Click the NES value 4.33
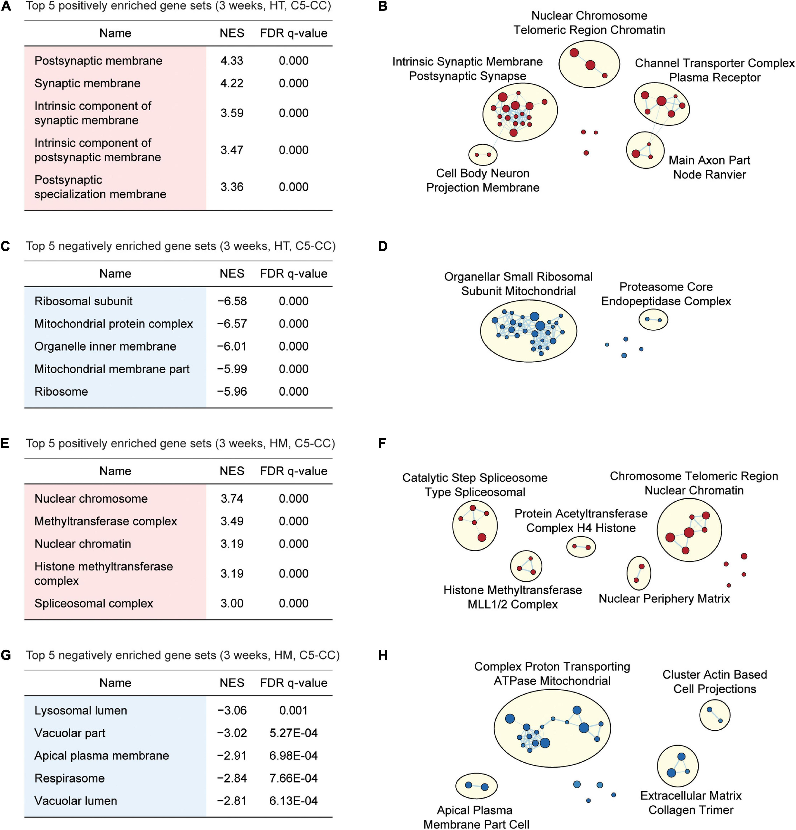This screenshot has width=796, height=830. tap(232, 60)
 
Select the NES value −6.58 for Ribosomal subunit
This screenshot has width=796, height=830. tap(232, 301)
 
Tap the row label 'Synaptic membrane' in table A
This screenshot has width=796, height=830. tap(87, 83)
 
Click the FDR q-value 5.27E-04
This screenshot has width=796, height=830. tap(293, 733)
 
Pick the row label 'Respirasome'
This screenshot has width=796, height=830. tap(69, 778)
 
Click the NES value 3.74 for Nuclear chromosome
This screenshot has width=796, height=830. tap(232, 498)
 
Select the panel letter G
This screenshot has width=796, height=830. tap(6, 655)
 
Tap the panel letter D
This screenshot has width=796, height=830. tap(383, 246)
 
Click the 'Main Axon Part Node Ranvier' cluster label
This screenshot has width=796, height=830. tap(709, 167)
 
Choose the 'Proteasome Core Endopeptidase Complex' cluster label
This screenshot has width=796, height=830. tap(666, 294)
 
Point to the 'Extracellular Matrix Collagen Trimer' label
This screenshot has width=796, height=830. tap(690, 802)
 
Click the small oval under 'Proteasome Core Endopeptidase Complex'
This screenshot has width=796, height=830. tap(653, 320)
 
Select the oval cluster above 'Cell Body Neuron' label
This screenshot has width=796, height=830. tap(483, 155)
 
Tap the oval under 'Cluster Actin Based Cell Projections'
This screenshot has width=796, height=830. tap(715, 715)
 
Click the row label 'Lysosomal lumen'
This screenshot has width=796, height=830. tap(80, 710)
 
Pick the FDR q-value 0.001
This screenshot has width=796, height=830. tap(293, 710)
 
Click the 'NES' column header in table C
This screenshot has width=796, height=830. tap(232, 274)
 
